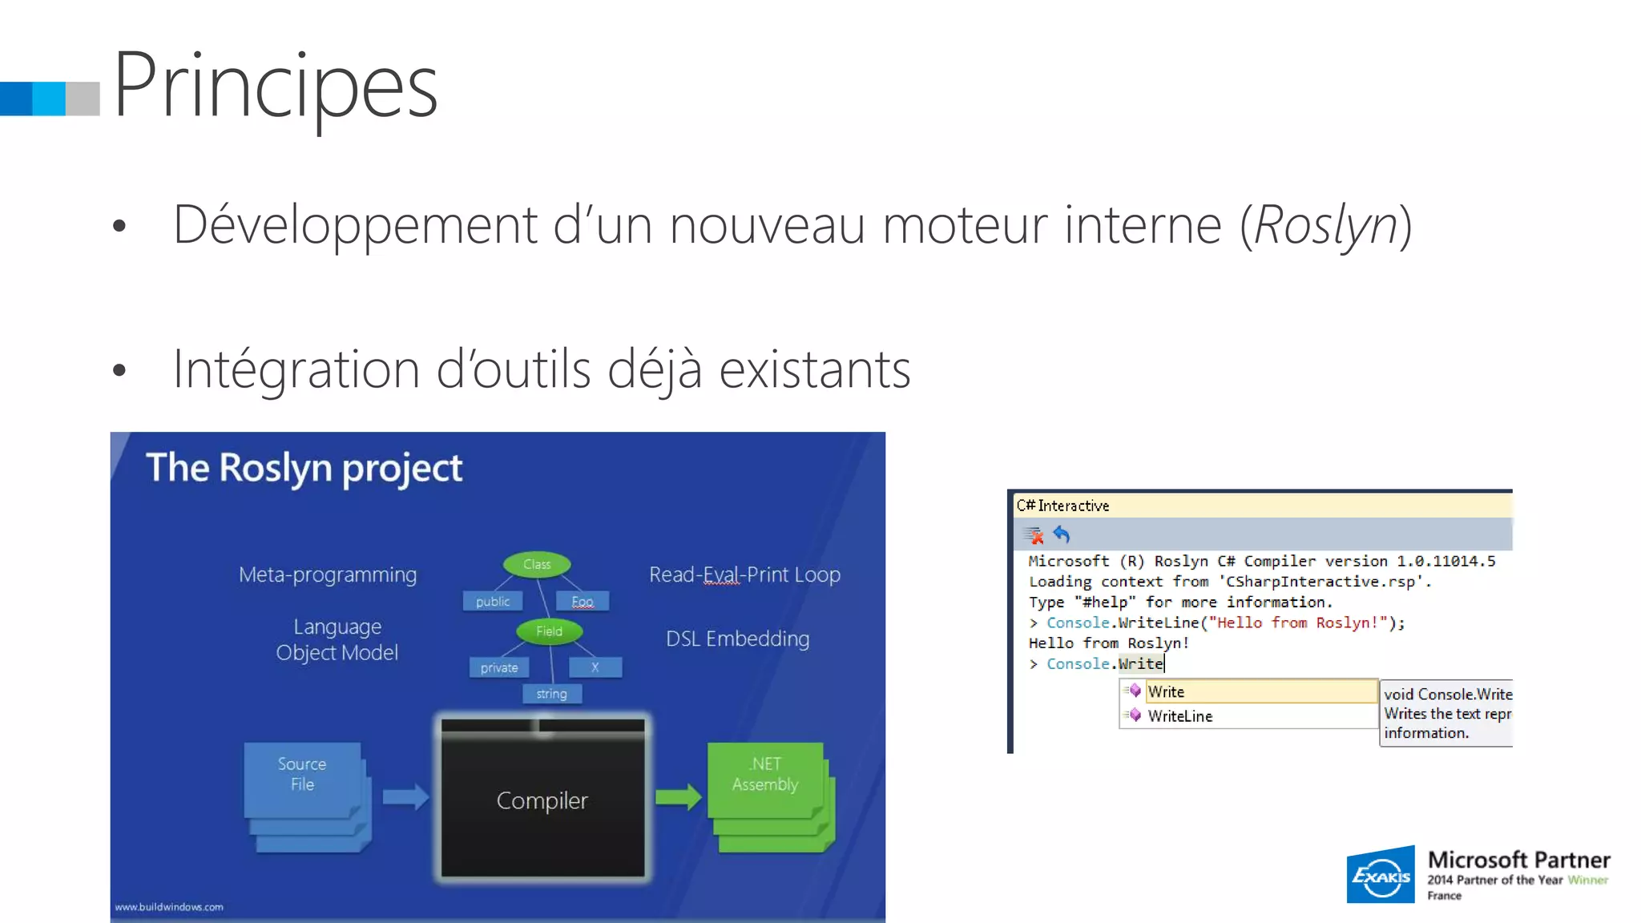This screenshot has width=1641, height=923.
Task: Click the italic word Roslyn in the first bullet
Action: tap(1325, 225)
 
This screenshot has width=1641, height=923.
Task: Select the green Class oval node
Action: tap(537, 565)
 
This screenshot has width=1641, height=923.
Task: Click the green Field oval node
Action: tap(549, 631)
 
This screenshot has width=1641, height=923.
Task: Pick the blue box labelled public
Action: tap(493, 602)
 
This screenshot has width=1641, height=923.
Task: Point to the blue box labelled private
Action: tap(499, 667)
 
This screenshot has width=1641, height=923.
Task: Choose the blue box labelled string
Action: tap(551, 694)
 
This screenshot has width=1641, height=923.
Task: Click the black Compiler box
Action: tap(542, 800)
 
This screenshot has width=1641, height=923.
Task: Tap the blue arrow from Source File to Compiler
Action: tap(405, 796)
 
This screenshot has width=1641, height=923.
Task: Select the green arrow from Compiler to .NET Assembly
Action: tap(678, 796)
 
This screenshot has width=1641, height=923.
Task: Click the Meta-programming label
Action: tap(328, 575)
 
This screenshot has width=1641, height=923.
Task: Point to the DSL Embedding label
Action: tap(737, 639)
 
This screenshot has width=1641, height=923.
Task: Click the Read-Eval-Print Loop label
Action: tap(744, 575)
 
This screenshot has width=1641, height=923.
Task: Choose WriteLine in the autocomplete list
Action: tap(1179, 716)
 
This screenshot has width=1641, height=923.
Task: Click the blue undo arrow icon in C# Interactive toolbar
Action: tap(1062, 534)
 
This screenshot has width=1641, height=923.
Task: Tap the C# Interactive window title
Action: tap(1062, 506)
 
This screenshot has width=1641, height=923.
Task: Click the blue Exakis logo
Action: tap(1381, 874)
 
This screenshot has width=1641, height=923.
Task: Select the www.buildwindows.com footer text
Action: tap(169, 907)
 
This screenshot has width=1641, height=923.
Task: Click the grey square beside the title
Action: tap(83, 99)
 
